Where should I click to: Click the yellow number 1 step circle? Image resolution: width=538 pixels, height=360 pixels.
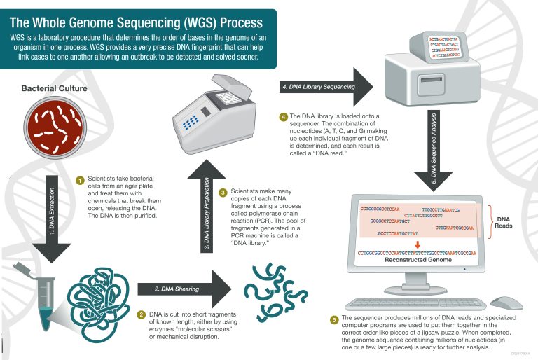coord(80,181)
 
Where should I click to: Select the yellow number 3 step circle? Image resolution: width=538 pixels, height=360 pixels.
coord(222,192)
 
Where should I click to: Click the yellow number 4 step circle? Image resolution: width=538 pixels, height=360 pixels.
coord(282,116)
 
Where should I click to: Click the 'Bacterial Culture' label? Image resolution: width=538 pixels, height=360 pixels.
coord(54,89)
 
